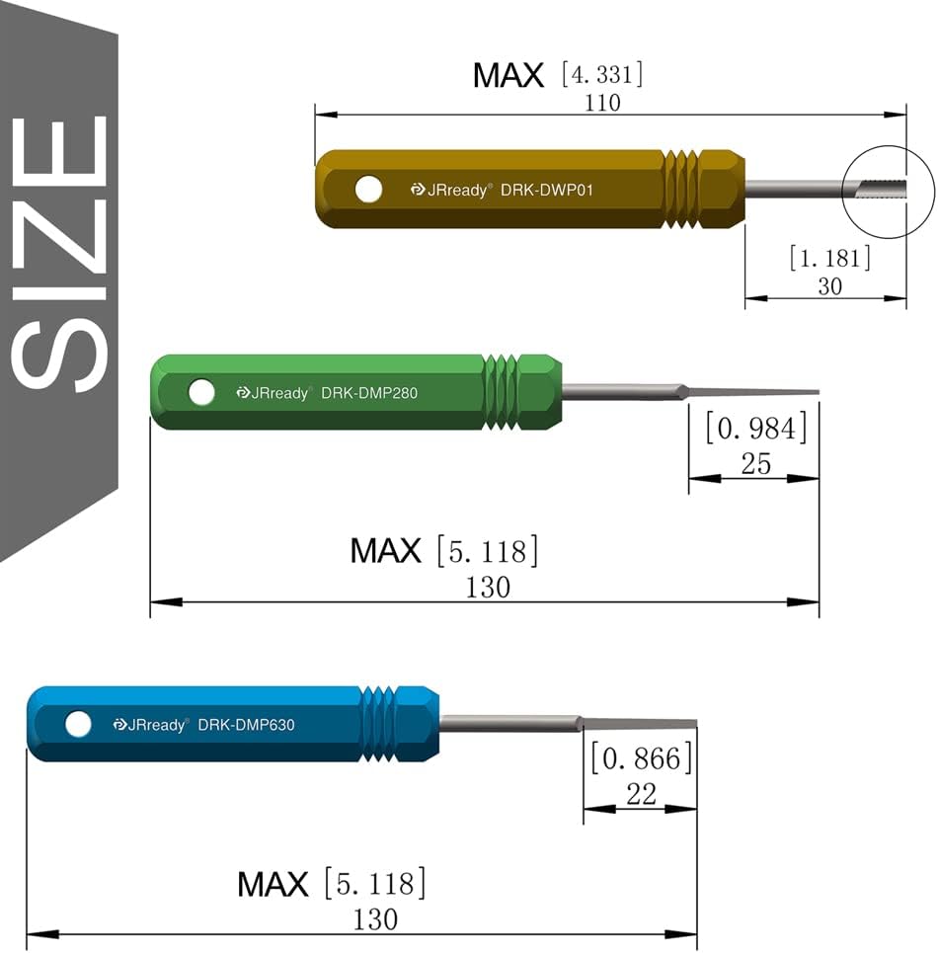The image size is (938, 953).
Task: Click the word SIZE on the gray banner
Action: tap(59, 252)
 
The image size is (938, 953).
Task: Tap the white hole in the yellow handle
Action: tap(368, 190)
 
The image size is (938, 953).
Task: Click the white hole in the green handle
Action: tap(201, 393)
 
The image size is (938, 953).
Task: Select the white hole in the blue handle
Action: tap(78, 725)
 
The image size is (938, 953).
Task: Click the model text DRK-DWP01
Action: tap(546, 190)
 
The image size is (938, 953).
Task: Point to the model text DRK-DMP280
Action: tap(369, 393)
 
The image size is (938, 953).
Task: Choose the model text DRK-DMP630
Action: tap(246, 725)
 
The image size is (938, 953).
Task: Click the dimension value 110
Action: tap(602, 103)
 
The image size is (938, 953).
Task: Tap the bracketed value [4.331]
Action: tap(601, 74)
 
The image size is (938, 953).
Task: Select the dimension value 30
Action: tap(830, 286)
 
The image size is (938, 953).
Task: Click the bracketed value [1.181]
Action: tap(830, 259)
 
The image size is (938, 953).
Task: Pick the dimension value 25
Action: tap(755, 463)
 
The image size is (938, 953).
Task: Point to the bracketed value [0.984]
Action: tap(755, 430)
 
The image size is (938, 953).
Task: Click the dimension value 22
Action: tap(642, 794)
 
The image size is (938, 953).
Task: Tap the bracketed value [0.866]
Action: tap(642, 758)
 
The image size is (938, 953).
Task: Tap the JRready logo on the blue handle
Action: tap(149, 725)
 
